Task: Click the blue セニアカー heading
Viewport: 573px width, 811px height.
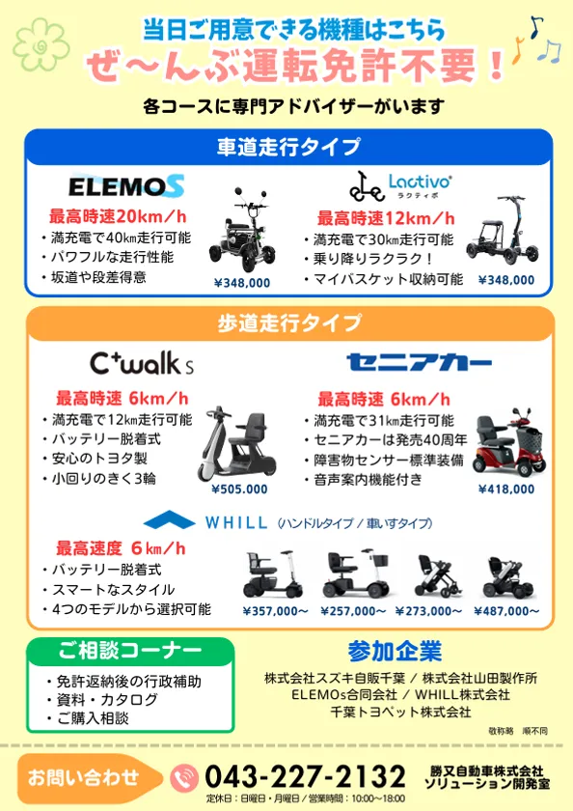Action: coord(419,363)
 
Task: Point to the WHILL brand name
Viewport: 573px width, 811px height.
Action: coord(235,522)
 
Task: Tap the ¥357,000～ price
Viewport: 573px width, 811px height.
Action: coord(275,610)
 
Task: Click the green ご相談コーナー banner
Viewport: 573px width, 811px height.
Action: coord(116,649)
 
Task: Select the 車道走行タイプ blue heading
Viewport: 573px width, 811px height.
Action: coord(288,148)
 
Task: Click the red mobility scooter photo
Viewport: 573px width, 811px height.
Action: coord(503,446)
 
